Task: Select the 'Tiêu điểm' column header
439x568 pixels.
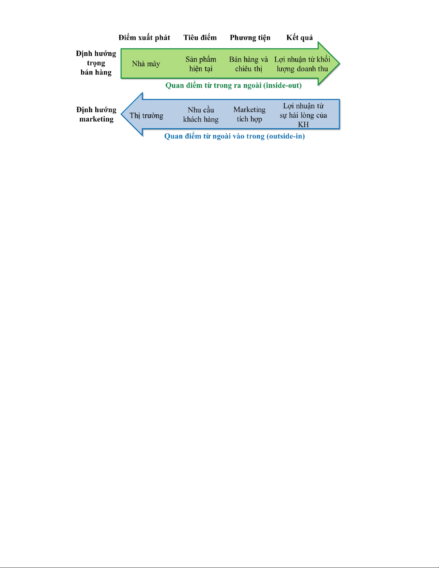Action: point(200,38)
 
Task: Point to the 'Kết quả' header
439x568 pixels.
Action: point(300,38)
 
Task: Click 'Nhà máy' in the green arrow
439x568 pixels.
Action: point(146,64)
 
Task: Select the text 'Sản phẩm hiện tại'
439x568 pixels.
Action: point(201,64)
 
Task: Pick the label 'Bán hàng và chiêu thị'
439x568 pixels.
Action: point(248,64)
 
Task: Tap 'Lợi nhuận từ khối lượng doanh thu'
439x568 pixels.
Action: point(302,64)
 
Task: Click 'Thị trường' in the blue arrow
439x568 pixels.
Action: point(146,115)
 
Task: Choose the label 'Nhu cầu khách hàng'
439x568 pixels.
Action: point(201,114)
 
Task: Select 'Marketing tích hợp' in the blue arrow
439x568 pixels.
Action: point(249,114)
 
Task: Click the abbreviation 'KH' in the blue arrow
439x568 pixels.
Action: point(303,125)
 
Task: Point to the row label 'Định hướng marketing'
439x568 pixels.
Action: point(96,114)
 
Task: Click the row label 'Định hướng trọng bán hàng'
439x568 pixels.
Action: point(96,63)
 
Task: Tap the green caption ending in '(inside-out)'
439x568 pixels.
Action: point(233,86)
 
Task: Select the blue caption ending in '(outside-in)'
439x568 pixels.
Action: point(234,136)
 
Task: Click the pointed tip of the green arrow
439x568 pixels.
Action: point(339,63)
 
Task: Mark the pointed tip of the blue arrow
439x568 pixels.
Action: point(121,114)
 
